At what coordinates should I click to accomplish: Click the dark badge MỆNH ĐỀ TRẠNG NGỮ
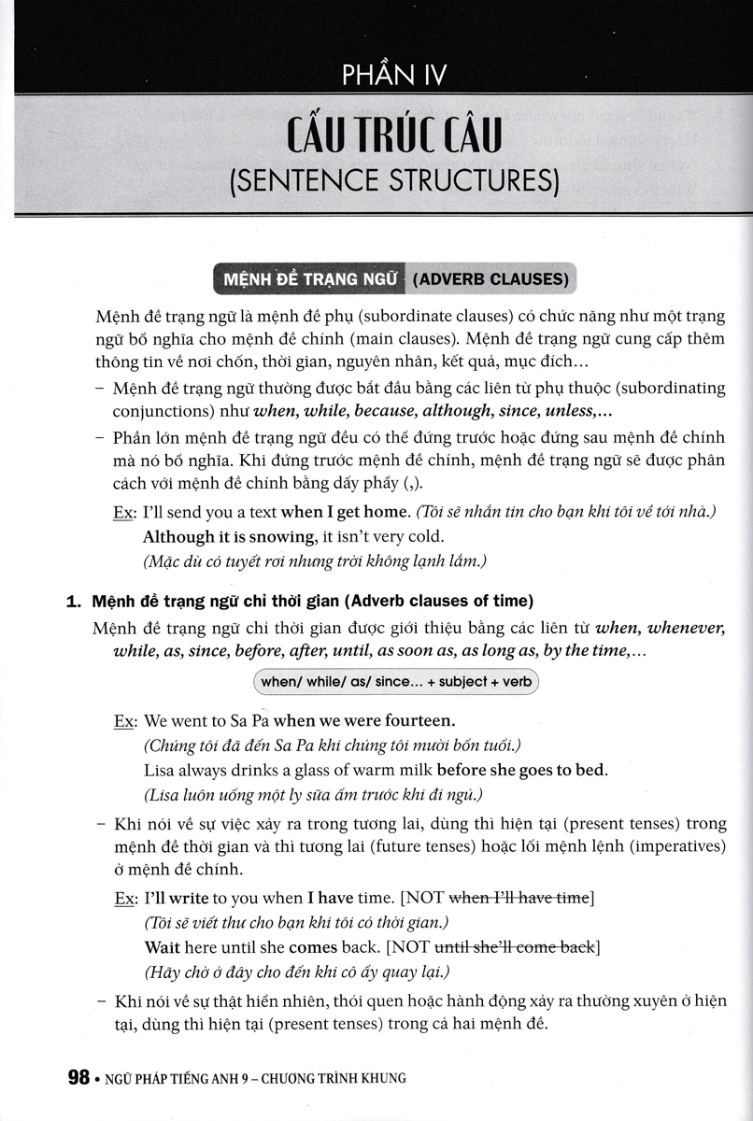(305, 278)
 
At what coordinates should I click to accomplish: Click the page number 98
(78, 1077)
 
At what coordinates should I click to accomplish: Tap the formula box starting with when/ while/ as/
(396, 682)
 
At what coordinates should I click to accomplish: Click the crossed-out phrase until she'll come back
(522, 947)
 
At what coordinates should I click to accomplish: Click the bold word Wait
(160, 947)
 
